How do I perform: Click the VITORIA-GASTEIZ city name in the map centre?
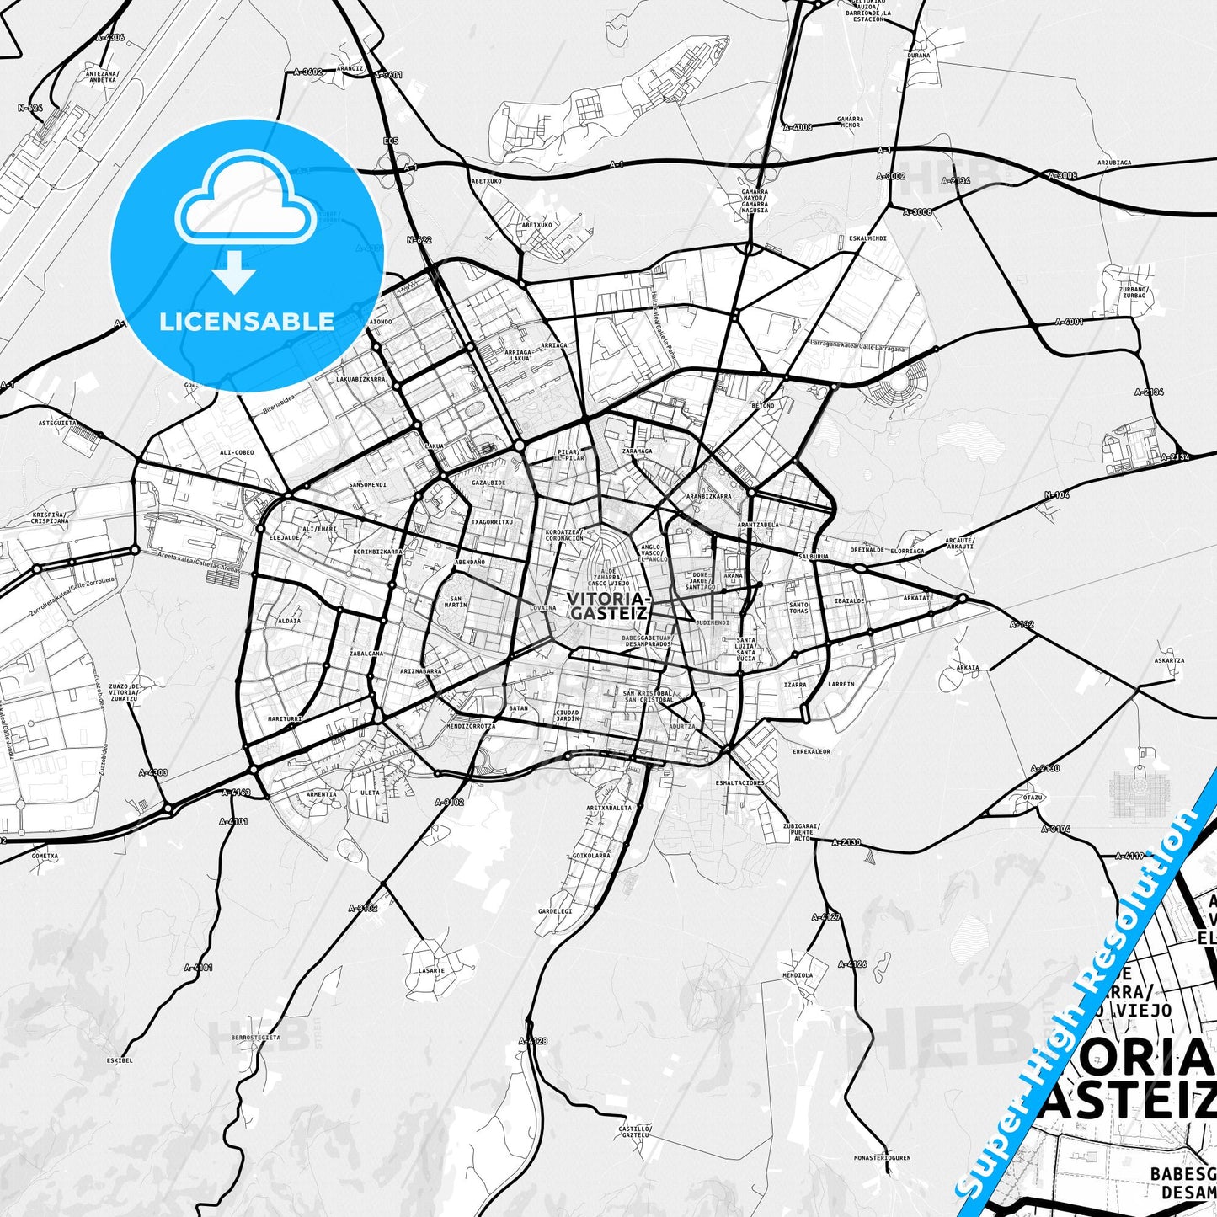[608, 606]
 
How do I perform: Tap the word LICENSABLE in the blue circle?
[247, 321]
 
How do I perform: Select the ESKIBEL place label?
[120, 1060]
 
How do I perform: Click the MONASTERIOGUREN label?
[881, 1158]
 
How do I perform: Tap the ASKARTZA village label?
[1169, 660]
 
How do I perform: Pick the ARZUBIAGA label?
[1114, 163]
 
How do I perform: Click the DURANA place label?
[919, 56]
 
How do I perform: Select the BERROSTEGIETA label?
[255, 1038]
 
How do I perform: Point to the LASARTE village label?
[431, 970]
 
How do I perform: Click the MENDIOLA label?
[798, 975]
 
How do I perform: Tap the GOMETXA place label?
[45, 856]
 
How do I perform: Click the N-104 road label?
[1056, 495]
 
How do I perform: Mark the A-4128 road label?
[533, 1041]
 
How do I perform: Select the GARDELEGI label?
[555, 911]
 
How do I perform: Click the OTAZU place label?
[1033, 797]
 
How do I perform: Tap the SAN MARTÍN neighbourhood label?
[456, 601]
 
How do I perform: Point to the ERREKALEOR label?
[811, 751]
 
